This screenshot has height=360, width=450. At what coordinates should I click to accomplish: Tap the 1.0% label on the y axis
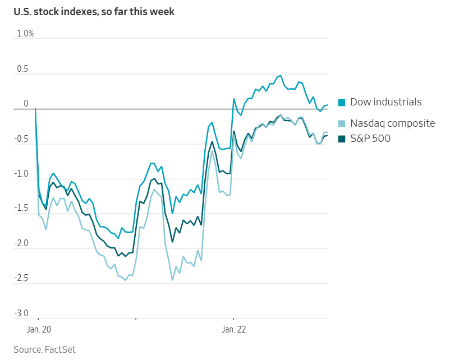coord(25,34)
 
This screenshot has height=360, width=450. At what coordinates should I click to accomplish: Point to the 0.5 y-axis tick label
coord(22,69)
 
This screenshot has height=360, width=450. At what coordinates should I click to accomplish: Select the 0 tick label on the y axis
coord(26,104)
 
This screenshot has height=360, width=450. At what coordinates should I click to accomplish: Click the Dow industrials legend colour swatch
coord(342,102)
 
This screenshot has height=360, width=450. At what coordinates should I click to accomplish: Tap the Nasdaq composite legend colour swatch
coord(342,123)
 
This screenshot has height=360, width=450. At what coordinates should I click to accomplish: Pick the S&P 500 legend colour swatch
coord(342,139)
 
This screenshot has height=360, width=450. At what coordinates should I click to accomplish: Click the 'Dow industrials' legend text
coord(385,102)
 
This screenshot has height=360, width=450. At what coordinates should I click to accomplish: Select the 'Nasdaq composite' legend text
coord(392,123)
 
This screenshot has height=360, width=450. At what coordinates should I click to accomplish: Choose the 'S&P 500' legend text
coord(370,139)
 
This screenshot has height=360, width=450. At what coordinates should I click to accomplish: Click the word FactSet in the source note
coord(60,349)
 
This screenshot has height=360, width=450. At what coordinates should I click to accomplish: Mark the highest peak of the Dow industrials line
coord(281,75)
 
